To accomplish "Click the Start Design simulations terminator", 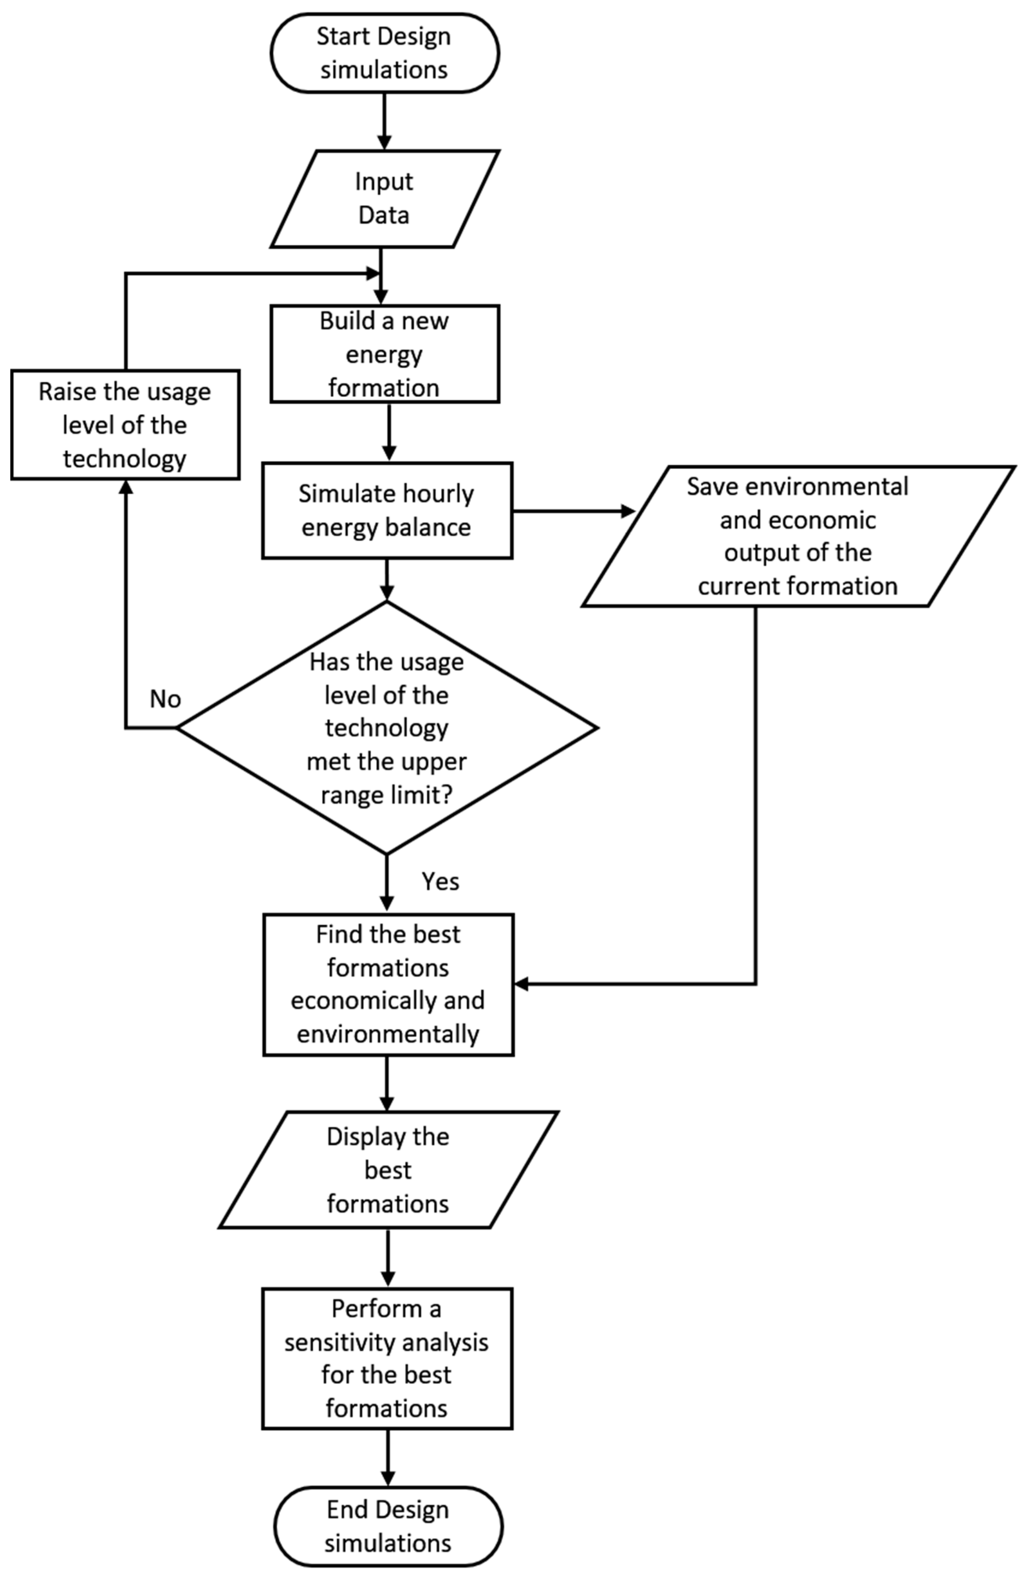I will pyautogui.click(x=384, y=53).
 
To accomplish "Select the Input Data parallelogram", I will pyautogui.click(x=384, y=199).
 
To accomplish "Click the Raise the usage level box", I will pyautogui.click(x=125, y=424).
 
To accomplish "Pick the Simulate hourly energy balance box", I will pyautogui.click(x=387, y=510).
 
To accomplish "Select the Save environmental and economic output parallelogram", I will pyautogui.click(x=798, y=536).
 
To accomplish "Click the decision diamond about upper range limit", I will pyautogui.click(x=387, y=727).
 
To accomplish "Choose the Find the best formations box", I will pyautogui.click(x=388, y=985).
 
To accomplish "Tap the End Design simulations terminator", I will pyautogui.click(x=388, y=1526).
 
